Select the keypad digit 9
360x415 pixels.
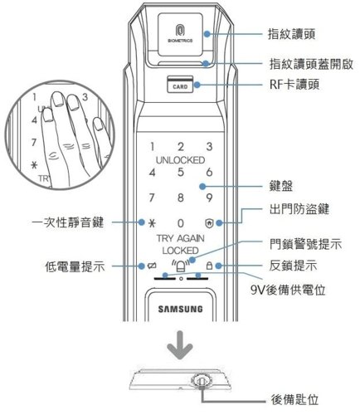[209, 198]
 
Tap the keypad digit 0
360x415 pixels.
[180, 223]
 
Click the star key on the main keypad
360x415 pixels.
[151, 223]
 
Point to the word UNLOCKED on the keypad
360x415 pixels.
[180, 159]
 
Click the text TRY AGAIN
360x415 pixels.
[180, 238]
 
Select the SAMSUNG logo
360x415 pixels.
[180, 310]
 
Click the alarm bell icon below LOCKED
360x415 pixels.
[180, 266]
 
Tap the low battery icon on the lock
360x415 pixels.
[151, 266]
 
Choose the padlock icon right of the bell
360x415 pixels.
[209, 266]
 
